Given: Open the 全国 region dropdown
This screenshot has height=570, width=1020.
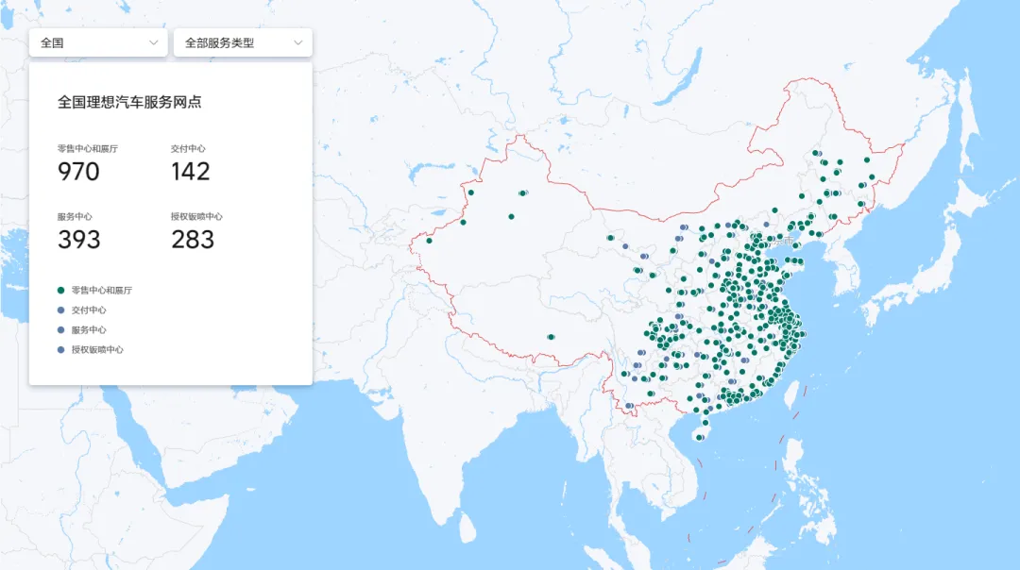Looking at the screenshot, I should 98,42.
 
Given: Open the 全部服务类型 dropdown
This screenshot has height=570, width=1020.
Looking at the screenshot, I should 242,42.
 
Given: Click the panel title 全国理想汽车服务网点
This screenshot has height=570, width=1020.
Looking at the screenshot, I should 129,102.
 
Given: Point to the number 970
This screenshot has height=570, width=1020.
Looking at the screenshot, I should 78,171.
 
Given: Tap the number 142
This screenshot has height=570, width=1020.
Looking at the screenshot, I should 191,171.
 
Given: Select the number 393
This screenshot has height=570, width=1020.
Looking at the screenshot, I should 78,240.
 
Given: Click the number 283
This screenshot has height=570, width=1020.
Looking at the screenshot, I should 193,240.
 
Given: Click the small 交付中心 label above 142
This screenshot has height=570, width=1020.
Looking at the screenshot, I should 188,148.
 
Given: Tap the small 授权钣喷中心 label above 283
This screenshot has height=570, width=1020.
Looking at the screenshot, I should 196,216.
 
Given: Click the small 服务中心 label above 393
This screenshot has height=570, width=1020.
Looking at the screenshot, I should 74,216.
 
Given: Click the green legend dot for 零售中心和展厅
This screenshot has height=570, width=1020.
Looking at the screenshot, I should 61,290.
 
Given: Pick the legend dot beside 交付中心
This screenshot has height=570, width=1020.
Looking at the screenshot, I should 61,310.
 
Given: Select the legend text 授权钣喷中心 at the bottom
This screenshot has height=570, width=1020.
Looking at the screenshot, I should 97,349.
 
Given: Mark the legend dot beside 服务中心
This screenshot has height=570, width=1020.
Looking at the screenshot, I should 61,329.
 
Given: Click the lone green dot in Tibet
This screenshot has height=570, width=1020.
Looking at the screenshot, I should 551,337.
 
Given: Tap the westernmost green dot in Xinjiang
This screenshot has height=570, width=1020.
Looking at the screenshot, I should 429,241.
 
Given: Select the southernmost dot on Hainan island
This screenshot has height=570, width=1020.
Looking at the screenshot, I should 699,437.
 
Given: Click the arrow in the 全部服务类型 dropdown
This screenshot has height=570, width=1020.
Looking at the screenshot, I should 298,42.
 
